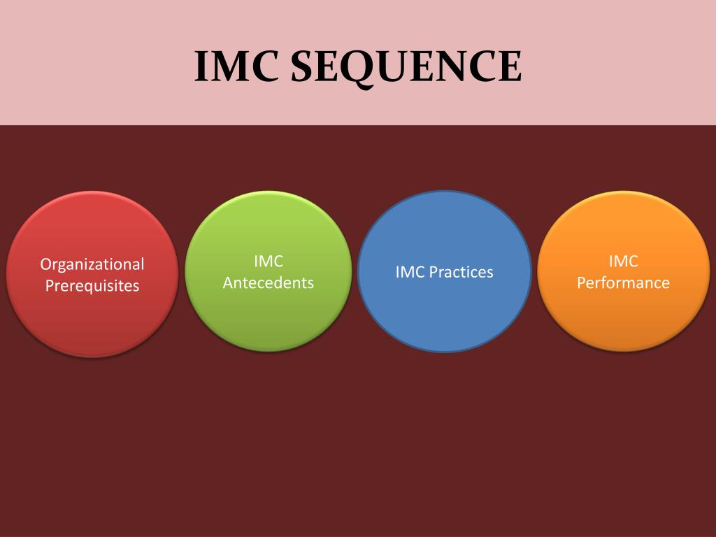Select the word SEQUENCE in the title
(406, 68)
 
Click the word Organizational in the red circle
(92, 264)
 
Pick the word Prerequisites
(92, 286)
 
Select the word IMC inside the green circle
(268, 262)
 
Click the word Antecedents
(268, 283)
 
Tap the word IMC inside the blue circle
(410, 272)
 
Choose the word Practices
(461, 272)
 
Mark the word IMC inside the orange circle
(623, 262)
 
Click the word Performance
(623, 283)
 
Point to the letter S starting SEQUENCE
(302, 67)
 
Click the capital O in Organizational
(45, 264)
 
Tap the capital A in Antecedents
(228, 283)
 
